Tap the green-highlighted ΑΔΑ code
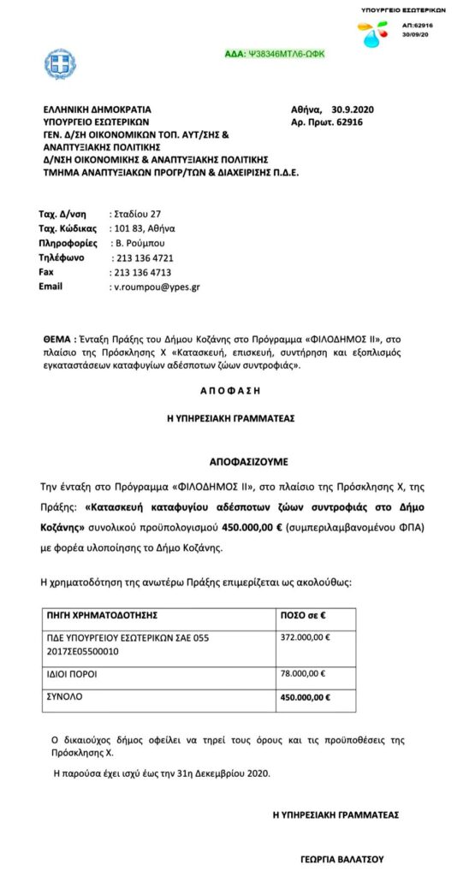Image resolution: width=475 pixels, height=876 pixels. pos(273,54)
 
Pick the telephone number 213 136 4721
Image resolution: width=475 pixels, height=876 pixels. pos(144,257)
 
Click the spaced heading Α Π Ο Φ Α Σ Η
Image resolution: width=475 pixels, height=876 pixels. pos(236,389)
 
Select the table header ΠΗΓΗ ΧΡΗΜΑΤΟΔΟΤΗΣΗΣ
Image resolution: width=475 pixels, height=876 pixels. pos(101,615)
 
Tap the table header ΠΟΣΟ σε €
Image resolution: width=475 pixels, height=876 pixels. pos(306,615)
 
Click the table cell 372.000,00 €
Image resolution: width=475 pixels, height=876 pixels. pos(306,637)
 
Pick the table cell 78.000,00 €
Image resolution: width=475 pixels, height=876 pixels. pos(303,673)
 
